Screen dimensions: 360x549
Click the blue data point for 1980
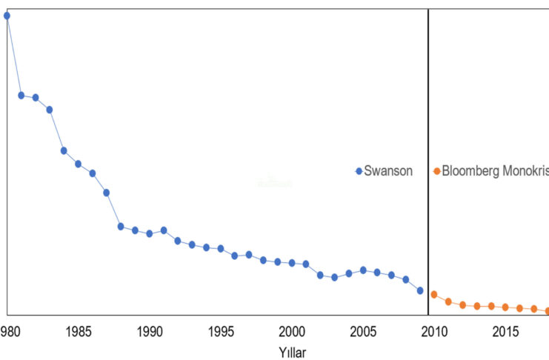(7, 16)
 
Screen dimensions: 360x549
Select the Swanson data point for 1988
(121, 227)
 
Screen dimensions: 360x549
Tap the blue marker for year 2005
(363, 270)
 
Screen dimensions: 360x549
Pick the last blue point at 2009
(420, 290)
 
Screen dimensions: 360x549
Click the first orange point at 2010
(434, 294)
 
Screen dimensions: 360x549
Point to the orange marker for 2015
(505, 307)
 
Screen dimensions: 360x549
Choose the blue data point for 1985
(78, 164)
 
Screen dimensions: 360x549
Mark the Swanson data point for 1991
(164, 230)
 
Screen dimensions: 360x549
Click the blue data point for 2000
(292, 263)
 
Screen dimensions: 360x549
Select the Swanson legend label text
(389, 171)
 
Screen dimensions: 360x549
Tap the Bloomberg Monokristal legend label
(495, 171)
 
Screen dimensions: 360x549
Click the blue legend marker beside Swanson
(359, 171)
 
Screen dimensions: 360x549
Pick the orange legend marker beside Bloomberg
(437, 171)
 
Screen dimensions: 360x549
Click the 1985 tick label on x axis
(79, 330)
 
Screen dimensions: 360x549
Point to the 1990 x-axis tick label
(150, 330)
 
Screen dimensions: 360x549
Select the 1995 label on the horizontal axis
(221, 330)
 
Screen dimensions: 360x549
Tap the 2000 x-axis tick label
(292, 330)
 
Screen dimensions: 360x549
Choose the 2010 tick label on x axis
(434, 330)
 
